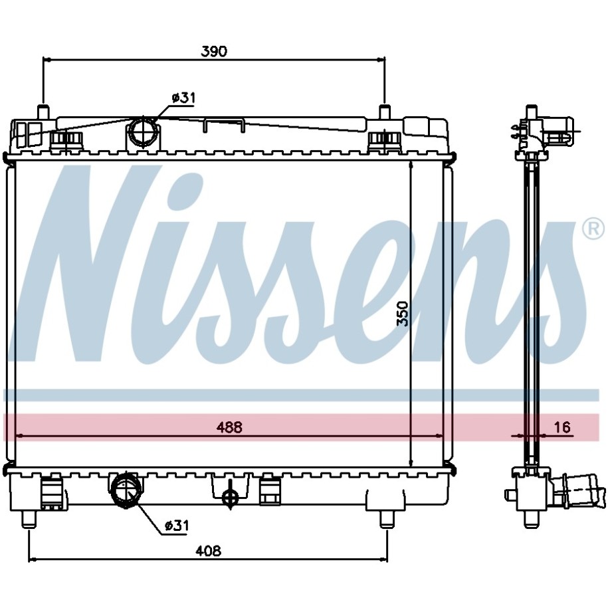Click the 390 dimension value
pyautogui.click(x=214, y=51)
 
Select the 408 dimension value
pyautogui.click(x=208, y=551)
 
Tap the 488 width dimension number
pyautogui.click(x=229, y=427)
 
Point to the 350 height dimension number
pyautogui.click(x=403, y=314)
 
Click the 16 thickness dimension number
pyautogui.click(x=562, y=427)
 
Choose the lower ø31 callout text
pyautogui.click(x=177, y=526)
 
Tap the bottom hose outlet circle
pyautogui.click(x=124, y=490)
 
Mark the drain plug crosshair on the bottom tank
pyautogui.click(x=231, y=496)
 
